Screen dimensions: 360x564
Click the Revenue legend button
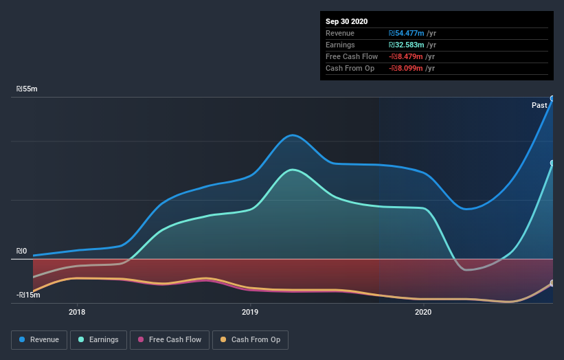40,339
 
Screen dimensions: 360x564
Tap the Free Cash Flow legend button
169,339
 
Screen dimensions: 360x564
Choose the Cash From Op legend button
251,339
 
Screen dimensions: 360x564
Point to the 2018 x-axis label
77,311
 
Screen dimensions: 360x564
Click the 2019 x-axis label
250,311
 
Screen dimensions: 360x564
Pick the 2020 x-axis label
423,311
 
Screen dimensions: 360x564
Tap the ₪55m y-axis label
27,89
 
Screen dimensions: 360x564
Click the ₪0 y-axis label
21,251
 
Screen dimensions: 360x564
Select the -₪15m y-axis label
29,295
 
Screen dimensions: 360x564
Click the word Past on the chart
539,105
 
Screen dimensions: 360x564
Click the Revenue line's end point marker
552,98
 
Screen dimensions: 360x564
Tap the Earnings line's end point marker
552,164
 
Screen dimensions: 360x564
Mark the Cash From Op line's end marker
552,283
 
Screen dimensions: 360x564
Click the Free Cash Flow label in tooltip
352,56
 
